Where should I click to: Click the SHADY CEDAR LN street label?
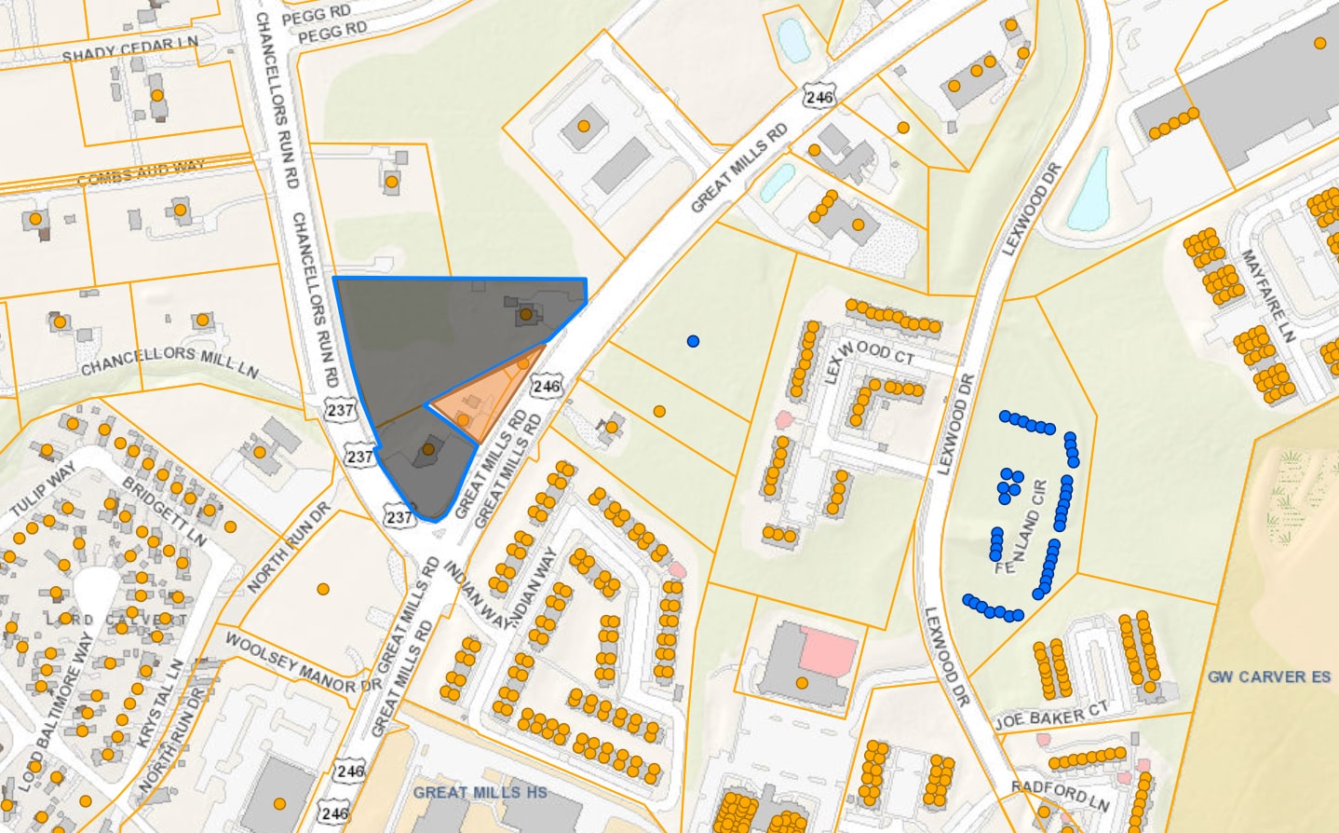click(129, 49)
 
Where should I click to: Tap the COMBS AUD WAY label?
click(141, 172)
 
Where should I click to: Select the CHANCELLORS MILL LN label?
click(169, 362)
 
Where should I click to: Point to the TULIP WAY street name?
click(43, 490)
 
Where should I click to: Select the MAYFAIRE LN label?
click(1268, 294)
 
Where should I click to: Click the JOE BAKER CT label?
click(1051, 716)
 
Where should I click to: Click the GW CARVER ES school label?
click(1269, 676)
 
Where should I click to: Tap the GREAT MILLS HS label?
click(480, 792)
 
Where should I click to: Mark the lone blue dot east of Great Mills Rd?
click(693, 341)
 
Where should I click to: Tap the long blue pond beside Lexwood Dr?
click(1089, 190)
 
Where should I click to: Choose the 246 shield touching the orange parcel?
click(547, 386)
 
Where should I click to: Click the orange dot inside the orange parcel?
click(463, 420)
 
